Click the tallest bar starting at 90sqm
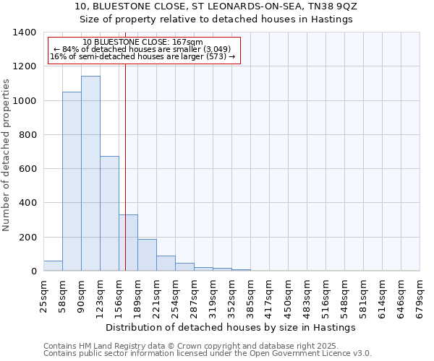(90, 173)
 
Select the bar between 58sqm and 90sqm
(72, 181)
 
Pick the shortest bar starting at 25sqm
(53, 266)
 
